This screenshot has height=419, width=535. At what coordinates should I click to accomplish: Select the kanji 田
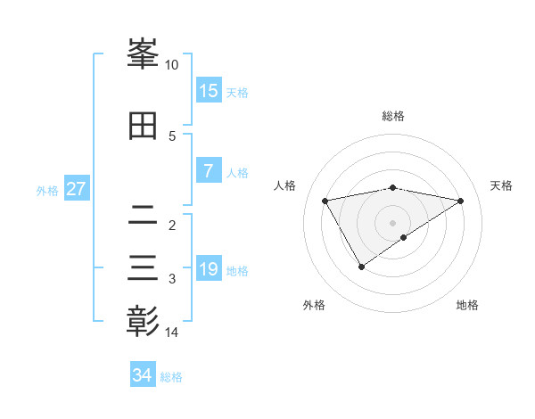(x=143, y=126)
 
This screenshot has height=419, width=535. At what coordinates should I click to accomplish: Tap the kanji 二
(x=143, y=214)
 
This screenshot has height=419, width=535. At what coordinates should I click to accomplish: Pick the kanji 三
(x=143, y=267)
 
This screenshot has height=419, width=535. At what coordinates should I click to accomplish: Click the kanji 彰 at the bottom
(x=143, y=320)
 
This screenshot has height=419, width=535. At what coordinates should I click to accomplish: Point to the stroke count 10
(x=172, y=65)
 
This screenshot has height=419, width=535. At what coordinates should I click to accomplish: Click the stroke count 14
(x=172, y=333)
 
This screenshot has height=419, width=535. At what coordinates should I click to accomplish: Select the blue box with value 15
(x=208, y=91)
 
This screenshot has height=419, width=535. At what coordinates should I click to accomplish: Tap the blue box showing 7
(x=208, y=171)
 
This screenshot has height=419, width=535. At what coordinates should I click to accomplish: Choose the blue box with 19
(x=208, y=269)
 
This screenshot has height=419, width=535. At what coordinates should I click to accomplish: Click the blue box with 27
(x=76, y=189)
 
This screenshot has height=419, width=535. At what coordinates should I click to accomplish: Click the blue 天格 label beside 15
(x=237, y=93)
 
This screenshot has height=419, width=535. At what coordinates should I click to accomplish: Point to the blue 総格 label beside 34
(x=171, y=377)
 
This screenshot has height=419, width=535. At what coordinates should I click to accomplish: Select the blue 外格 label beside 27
(x=47, y=191)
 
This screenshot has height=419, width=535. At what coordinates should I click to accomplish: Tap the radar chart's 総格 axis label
(x=392, y=116)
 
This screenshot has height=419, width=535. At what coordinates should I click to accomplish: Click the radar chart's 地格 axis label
(x=467, y=305)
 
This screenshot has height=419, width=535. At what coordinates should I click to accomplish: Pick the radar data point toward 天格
(x=460, y=201)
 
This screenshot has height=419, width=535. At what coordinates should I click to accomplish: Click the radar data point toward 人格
(x=325, y=200)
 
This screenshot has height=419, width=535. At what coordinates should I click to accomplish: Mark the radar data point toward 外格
(x=361, y=267)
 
